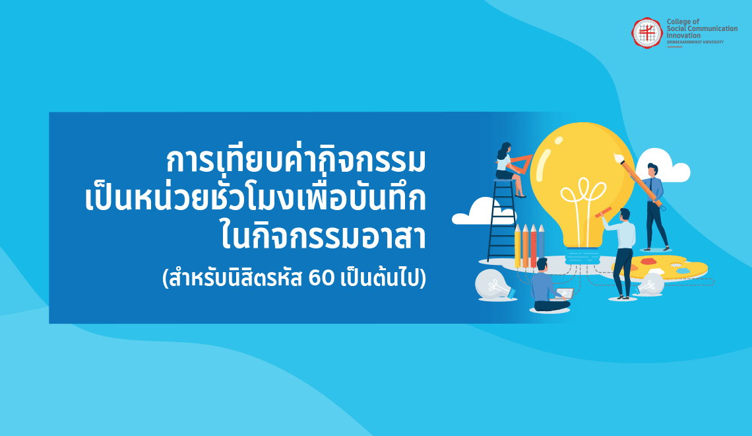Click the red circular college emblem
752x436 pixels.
646,32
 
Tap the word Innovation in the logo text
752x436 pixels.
683,36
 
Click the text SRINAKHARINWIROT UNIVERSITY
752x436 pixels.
695,42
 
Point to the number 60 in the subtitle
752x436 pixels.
321,278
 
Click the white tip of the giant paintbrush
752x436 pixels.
617,157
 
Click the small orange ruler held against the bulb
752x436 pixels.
604,212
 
